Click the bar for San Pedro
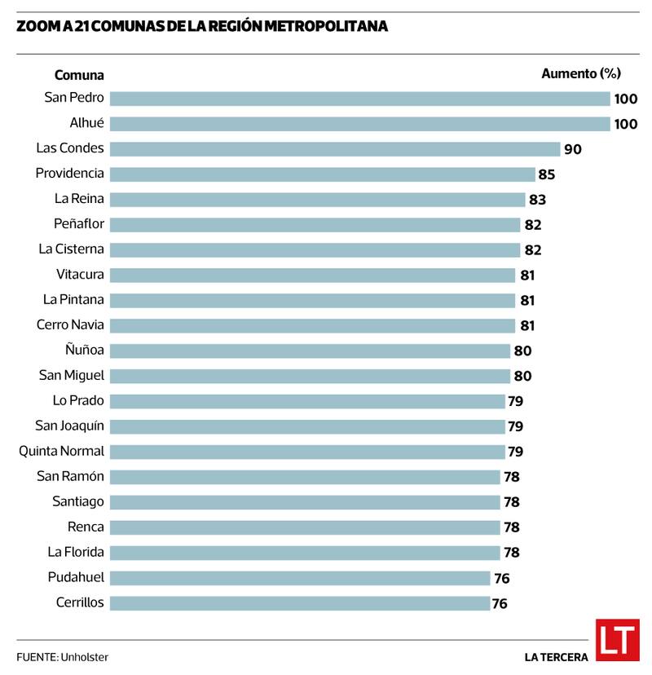(359, 99)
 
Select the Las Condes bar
(335, 149)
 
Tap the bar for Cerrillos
(300, 603)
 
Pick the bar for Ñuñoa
(310, 351)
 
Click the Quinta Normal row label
(62, 451)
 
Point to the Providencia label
(70, 173)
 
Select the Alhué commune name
(86, 123)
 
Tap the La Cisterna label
(72, 249)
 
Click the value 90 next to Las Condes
(573, 149)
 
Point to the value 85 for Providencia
(547, 174)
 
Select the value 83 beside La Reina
(537, 200)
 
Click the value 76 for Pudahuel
(501, 578)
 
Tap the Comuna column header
(79, 75)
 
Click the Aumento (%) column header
(581, 73)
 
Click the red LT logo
(617, 640)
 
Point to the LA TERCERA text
(557, 657)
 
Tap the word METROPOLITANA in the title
(333, 27)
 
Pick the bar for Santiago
(305, 502)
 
